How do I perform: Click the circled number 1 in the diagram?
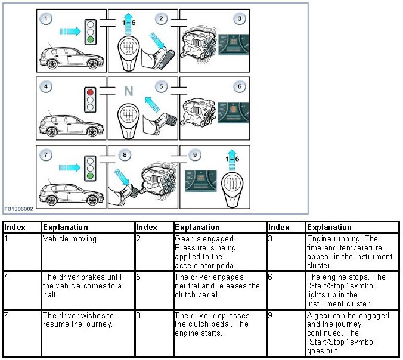coord(48,19)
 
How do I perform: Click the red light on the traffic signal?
coord(91,92)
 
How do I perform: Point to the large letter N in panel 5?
coord(128,91)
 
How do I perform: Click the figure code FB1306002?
coord(20,209)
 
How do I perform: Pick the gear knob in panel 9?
coord(230,185)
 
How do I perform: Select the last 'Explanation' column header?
coord(328,227)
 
